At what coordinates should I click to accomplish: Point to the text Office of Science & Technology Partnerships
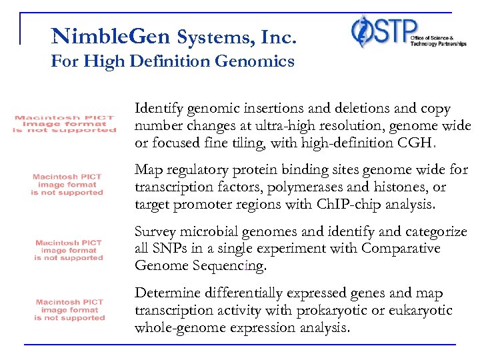[429, 41]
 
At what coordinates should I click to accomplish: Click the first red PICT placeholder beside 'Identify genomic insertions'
[65, 124]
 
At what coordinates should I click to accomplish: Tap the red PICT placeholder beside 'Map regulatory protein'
[67, 185]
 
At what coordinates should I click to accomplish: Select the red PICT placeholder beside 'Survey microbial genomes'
[69, 250]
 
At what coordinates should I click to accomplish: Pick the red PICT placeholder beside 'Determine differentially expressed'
[70, 310]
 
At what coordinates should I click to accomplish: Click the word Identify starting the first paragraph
[157, 109]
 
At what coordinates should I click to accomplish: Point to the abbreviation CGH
[414, 143]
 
